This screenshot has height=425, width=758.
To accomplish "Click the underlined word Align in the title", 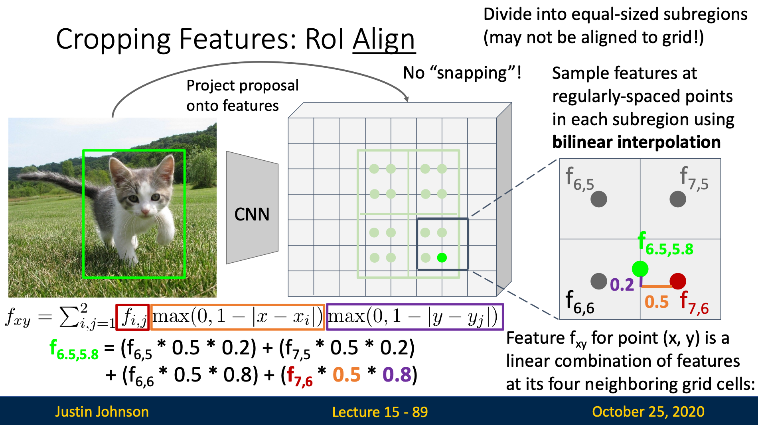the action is tap(384, 40).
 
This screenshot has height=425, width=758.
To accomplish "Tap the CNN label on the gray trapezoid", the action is tap(252, 214).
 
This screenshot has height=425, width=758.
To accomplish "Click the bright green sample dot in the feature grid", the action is tap(442, 258).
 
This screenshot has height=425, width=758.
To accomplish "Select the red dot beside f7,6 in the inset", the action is tap(678, 281).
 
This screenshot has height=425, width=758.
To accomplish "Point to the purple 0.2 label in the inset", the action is tap(622, 285).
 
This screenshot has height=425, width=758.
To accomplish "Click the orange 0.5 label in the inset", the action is tap(657, 302).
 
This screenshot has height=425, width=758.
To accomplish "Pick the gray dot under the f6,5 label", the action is tap(599, 199).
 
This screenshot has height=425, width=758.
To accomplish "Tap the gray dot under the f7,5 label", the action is tap(678, 199).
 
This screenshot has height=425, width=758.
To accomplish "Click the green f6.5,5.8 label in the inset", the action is tap(665, 244).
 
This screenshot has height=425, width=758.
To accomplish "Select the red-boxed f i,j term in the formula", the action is tap(133, 317).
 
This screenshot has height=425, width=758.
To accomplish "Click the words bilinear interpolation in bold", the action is tap(636, 142).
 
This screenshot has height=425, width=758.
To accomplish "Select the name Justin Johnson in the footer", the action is tap(102, 411).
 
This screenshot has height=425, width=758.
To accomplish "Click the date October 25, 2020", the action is tap(648, 411).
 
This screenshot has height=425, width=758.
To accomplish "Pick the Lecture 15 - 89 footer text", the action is tap(380, 411).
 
